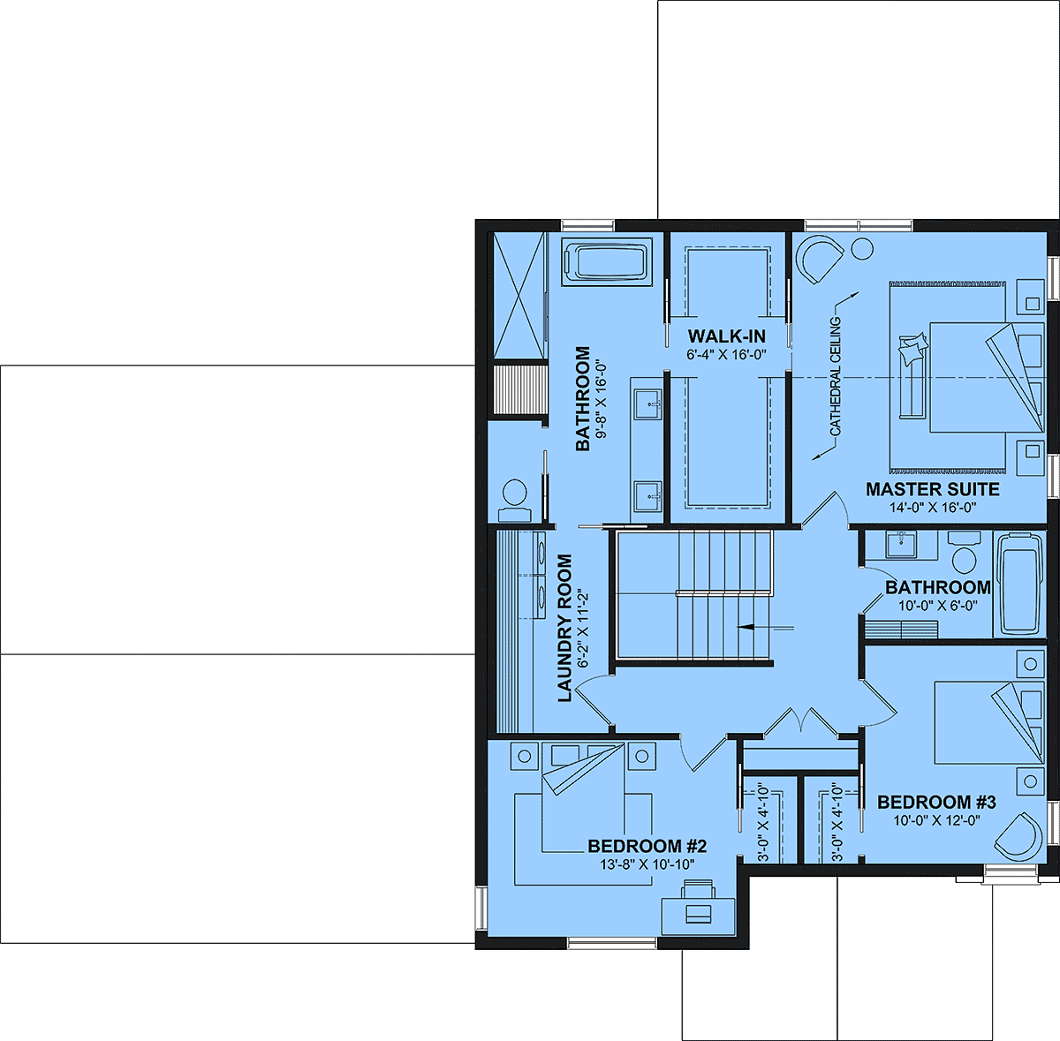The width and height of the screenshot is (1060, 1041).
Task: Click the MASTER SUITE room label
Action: [933, 489]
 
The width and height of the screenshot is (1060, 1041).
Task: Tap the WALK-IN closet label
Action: [726, 336]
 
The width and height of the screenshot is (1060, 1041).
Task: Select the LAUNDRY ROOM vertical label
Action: [565, 628]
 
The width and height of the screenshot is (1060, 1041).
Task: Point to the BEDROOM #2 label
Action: [647, 846]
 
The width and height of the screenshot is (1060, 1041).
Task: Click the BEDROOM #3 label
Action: [936, 802]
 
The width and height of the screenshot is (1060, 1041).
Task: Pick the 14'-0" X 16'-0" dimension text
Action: [933, 507]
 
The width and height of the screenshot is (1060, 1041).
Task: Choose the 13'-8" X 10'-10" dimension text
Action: [647, 864]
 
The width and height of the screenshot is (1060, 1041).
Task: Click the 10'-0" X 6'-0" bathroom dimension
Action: [938, 606]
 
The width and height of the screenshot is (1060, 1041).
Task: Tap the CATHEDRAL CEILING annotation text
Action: [836, 377]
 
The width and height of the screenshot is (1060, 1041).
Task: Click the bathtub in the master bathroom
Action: [607, 261]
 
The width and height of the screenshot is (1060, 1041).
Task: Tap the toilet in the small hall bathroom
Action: [963, 552]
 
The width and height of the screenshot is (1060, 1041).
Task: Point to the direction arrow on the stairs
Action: [765, 626]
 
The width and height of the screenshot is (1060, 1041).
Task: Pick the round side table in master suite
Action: [862, 249]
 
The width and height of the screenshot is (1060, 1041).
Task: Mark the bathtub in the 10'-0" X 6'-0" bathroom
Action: [1019, 585]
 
